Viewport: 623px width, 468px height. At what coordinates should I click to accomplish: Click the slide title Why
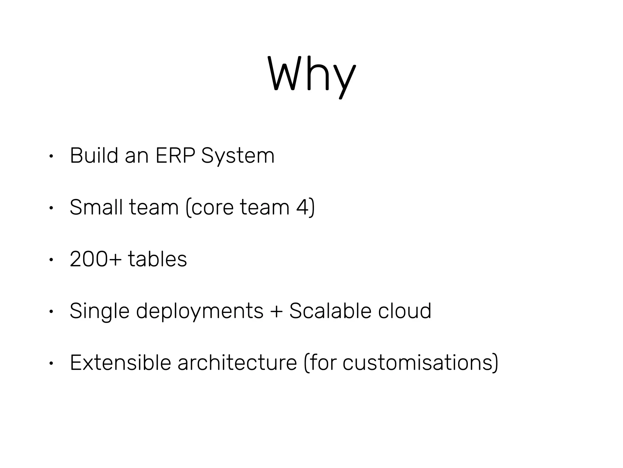click(311, 75)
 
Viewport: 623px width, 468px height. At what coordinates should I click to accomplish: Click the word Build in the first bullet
click(94, 156)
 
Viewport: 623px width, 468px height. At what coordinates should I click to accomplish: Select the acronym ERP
click(175, 156)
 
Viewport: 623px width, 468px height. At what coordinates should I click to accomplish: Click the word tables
click(157, 259)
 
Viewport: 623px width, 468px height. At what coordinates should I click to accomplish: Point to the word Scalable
click(330, 311)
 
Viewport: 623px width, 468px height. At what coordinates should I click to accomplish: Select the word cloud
click(405, 311)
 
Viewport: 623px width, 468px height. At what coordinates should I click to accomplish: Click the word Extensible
click(120, 363)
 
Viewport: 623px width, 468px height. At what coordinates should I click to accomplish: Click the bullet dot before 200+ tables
click(51, 260)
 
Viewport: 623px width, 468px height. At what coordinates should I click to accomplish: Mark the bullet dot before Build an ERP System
click(51, 156)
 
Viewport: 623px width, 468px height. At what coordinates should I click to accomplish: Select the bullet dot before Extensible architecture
click(51, 363)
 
